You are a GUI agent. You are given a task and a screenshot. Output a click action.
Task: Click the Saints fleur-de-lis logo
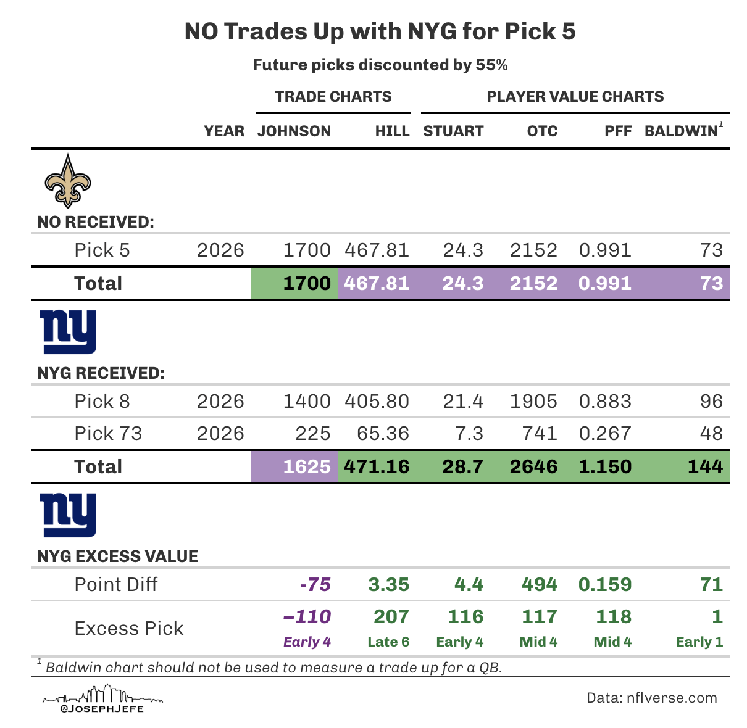coord(67,181)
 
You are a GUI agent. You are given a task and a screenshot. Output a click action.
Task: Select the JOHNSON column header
coord(294,131)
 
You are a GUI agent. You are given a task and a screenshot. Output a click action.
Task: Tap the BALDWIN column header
coord(682,131)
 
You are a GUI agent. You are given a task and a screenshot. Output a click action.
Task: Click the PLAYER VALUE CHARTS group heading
coord(575,97)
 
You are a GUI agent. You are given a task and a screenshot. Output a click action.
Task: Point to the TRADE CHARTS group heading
coord(333,97)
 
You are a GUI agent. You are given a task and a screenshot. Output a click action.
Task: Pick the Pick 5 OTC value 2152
coord(533,250)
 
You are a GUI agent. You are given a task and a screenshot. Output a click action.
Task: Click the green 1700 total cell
coord(295,283)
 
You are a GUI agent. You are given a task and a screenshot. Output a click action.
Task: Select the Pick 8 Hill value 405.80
coord(377,402)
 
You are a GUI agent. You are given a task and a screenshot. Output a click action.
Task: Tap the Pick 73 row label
coord(108,434)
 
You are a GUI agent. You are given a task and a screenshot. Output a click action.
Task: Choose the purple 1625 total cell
coord(295,466)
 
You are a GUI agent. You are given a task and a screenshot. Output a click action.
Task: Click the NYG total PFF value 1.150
coord(605,466)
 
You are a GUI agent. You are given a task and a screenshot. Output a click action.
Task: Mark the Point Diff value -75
coord(315,584)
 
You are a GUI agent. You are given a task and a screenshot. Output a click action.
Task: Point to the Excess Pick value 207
coord(391,616)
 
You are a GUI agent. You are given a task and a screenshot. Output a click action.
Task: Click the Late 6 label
coord(388,642)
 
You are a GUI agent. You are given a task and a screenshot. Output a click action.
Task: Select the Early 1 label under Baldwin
coord(699,642)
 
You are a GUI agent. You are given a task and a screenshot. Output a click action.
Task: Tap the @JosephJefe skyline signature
coord(102,700)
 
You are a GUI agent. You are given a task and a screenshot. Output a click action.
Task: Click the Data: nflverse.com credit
coord(651,698)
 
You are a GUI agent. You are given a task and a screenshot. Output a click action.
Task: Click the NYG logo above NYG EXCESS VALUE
coord(68,515)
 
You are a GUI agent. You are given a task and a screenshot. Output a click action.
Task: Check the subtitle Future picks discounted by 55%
coord(380,65)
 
